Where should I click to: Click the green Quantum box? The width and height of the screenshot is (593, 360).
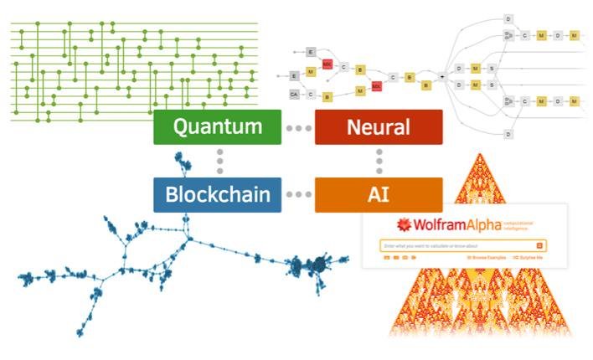(x=217, y=127)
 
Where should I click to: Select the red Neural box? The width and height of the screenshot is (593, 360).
(x=379, y=127)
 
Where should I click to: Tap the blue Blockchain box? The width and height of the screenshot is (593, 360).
(x=217, y=195)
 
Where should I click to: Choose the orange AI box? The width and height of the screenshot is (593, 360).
(x=379, y=195)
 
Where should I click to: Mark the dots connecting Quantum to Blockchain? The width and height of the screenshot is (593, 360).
(x=219, y=160)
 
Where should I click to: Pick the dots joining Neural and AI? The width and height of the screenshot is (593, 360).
(x=379, y=160)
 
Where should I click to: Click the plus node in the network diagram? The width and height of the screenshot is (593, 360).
(x=442, y=76)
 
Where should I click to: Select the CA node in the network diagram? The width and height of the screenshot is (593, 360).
(x=294, y=94)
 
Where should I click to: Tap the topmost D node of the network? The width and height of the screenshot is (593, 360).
(x=508, y=18)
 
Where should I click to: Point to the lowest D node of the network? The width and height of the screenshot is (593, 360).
(x=508, y=134)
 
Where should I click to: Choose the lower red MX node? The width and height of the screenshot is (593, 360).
(x=377, y=85)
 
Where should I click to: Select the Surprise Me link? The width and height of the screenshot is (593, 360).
(x=529, y=258)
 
